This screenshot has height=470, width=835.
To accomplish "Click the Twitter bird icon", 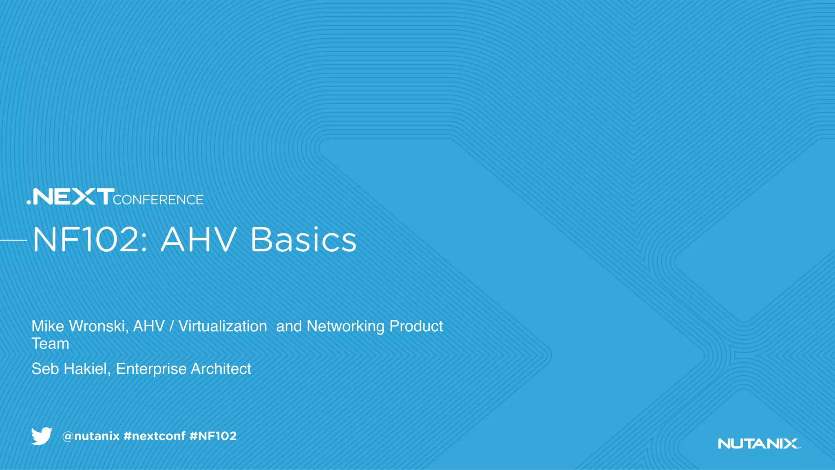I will click(42, 436).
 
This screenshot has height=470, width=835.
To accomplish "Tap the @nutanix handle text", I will click(91, 436).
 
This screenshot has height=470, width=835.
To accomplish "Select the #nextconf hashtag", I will click(154, 436).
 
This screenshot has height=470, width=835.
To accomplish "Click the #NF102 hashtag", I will click(213, 436).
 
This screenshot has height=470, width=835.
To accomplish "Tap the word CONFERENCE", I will click(158, 200).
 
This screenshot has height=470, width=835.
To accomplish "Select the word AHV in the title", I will click(199, 240).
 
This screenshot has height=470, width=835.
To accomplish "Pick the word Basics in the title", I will click(303, 240).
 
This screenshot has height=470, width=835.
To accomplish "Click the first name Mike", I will click(48, 326).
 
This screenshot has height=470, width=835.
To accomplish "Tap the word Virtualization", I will click(223, 326).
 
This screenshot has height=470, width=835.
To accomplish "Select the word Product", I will click(416, 326).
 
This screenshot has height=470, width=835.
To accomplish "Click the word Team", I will click(50, 344).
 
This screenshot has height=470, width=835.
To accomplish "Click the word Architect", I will click(221, 369).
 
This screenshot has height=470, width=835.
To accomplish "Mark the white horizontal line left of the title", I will click(13, 240).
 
